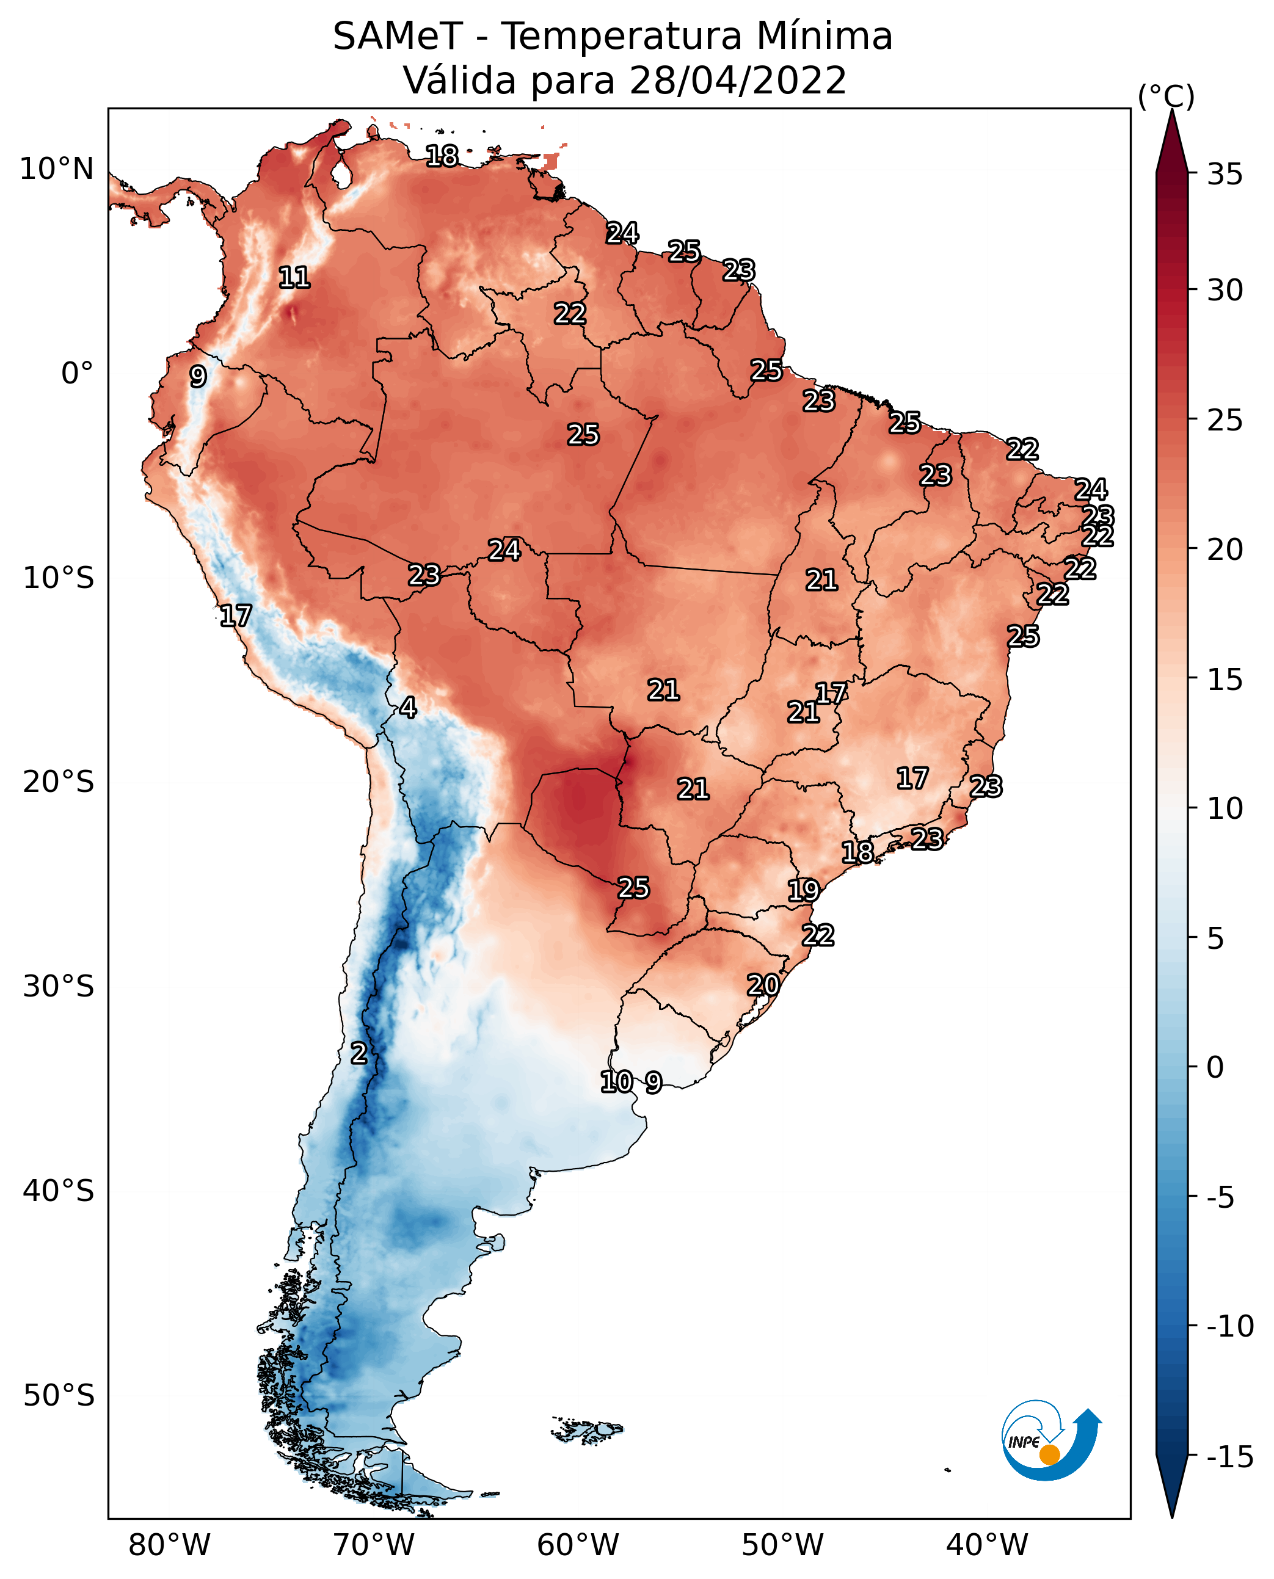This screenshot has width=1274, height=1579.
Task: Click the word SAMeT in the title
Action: [397, 37]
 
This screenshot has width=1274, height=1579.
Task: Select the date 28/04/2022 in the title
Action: [738, 81]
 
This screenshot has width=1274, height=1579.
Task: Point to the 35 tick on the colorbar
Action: [1225, 175]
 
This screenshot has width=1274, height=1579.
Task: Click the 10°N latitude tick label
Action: [57, 170]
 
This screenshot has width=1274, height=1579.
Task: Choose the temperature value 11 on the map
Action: [294, 277]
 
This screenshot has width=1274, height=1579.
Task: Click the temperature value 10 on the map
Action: [616, 1081]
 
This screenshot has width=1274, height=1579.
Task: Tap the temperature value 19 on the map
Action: [804, 891]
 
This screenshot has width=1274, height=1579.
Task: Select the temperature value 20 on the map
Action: [763, 985]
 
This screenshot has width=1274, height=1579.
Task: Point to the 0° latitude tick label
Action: [77, 374]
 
